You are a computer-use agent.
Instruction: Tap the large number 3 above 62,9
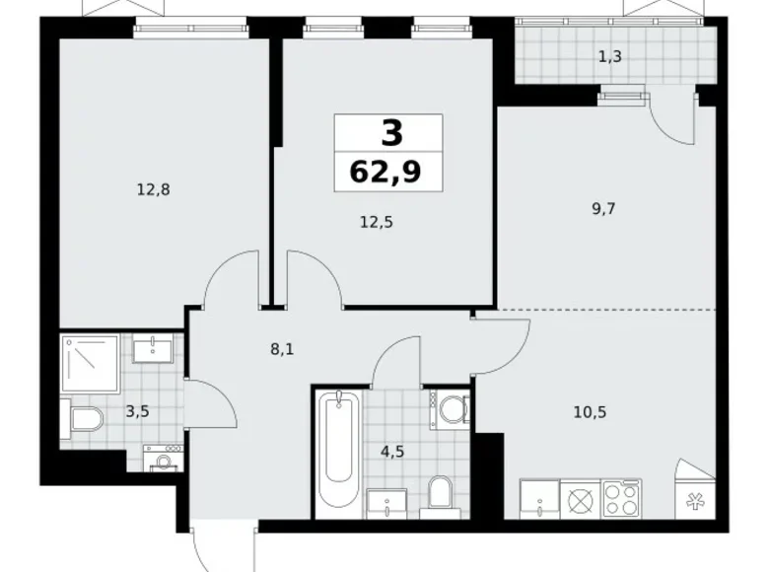pyautogui.click(x=388, y=132)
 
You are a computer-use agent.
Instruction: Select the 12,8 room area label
pyautogui.click(x=154, y=190)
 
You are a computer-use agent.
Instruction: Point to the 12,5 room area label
pyautogui.click(x=376, y=223)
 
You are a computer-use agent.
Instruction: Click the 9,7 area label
pyautogui.click(x=600, y=208)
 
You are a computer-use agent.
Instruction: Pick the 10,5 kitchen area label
pyautogui.click(x=589, y=411)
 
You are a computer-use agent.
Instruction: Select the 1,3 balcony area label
pyautogui.click(x=609, y=56)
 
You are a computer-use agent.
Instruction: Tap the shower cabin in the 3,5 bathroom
pyautogui.click(x=90, y=363)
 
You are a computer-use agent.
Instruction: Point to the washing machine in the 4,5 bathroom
pyautogui.click(x=452, y=407)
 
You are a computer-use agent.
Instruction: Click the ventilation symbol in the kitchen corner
pyautogui.click(x=694, y=499)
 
